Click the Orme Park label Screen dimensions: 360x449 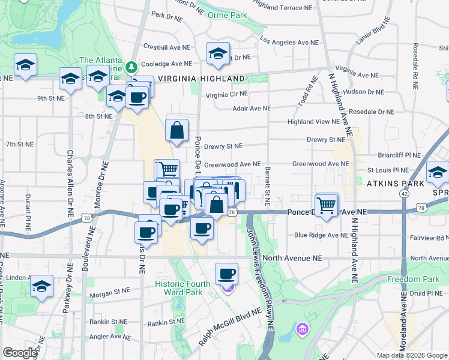[x=227, y=15]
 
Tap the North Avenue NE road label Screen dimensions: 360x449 [x=292, y=257]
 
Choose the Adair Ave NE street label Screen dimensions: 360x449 [x=252, y=109]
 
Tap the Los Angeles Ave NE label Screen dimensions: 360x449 [x=289, y=43]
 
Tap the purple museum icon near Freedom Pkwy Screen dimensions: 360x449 [x=301, y=329]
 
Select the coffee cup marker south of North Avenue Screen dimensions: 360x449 [x=226, y=274]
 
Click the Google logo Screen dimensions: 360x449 [x=20, y=353]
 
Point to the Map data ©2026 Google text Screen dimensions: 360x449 [x=412, y=355]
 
